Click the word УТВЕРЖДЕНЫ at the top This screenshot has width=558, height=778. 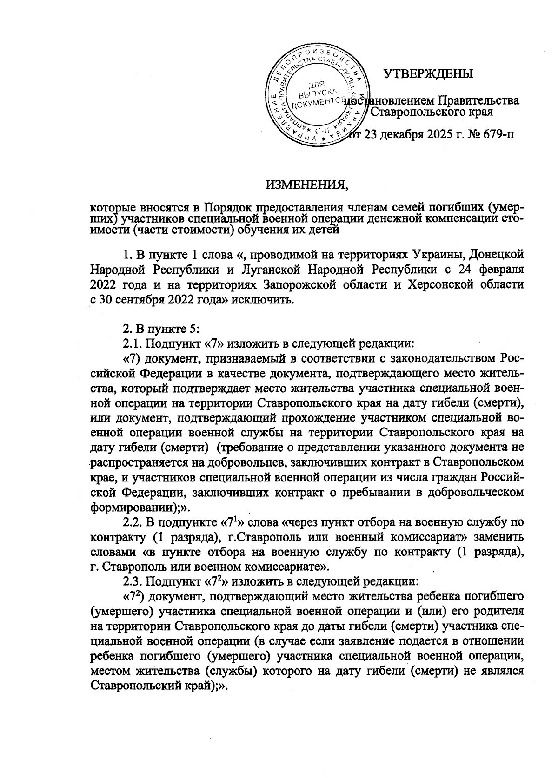coord(428,74)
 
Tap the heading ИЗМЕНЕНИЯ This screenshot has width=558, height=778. coord(307,186)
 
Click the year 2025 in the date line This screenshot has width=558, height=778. coord(429,135)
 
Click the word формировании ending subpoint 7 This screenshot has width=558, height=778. coord(132,507)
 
